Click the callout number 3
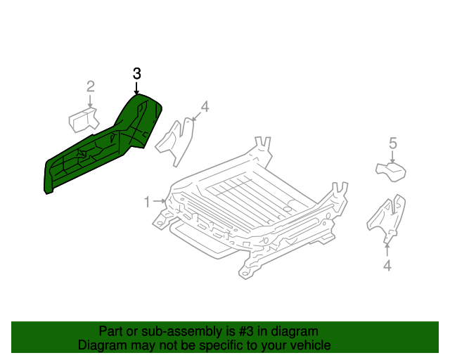(137, 74)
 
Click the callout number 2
(90, 87)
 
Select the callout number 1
(147, 202)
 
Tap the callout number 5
(393, 144)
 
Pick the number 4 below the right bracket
(387, 266)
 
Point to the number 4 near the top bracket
(205, 107)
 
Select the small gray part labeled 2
(82, 120)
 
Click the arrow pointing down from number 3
(137, 88)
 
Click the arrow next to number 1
(160, 202)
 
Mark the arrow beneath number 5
(393, 157)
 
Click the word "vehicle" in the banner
(309, 345)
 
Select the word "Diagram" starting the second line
(103, 345)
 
